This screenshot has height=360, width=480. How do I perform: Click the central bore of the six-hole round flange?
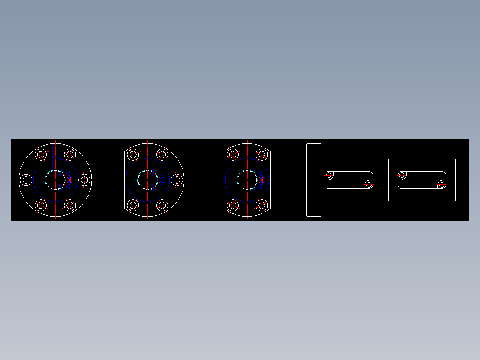point(55,180)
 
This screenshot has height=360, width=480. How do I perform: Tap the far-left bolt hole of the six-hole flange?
point(26,180)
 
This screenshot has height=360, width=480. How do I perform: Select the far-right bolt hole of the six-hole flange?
point(84,180)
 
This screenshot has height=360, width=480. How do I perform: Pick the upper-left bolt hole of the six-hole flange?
point(41,155)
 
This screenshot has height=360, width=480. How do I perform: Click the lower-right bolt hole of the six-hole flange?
point(70,205)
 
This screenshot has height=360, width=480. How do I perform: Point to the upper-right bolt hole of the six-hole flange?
point(70,155)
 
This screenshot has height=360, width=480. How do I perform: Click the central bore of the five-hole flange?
point(147,180)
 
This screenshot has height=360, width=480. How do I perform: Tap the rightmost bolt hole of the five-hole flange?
point(177,180)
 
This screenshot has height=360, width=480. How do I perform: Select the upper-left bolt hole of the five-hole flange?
point(133,155)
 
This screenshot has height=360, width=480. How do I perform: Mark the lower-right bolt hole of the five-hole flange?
point(162,205)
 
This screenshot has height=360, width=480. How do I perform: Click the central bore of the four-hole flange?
point(247,180)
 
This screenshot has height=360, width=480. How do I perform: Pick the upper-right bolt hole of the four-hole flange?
point(261,155)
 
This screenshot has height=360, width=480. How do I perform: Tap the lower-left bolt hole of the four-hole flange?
point(232,205)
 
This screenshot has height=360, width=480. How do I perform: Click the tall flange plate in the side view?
point(314,180)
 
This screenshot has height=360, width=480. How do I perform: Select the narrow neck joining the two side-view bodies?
point(385,180)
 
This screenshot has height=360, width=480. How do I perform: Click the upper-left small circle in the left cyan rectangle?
point(329,175)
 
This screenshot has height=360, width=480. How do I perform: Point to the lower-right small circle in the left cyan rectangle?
point(369,184)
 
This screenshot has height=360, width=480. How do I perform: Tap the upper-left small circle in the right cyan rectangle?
point(402,175)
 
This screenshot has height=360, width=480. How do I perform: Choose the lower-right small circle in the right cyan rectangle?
point(442,184)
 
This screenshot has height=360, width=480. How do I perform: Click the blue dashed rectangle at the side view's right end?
point(452,180)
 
